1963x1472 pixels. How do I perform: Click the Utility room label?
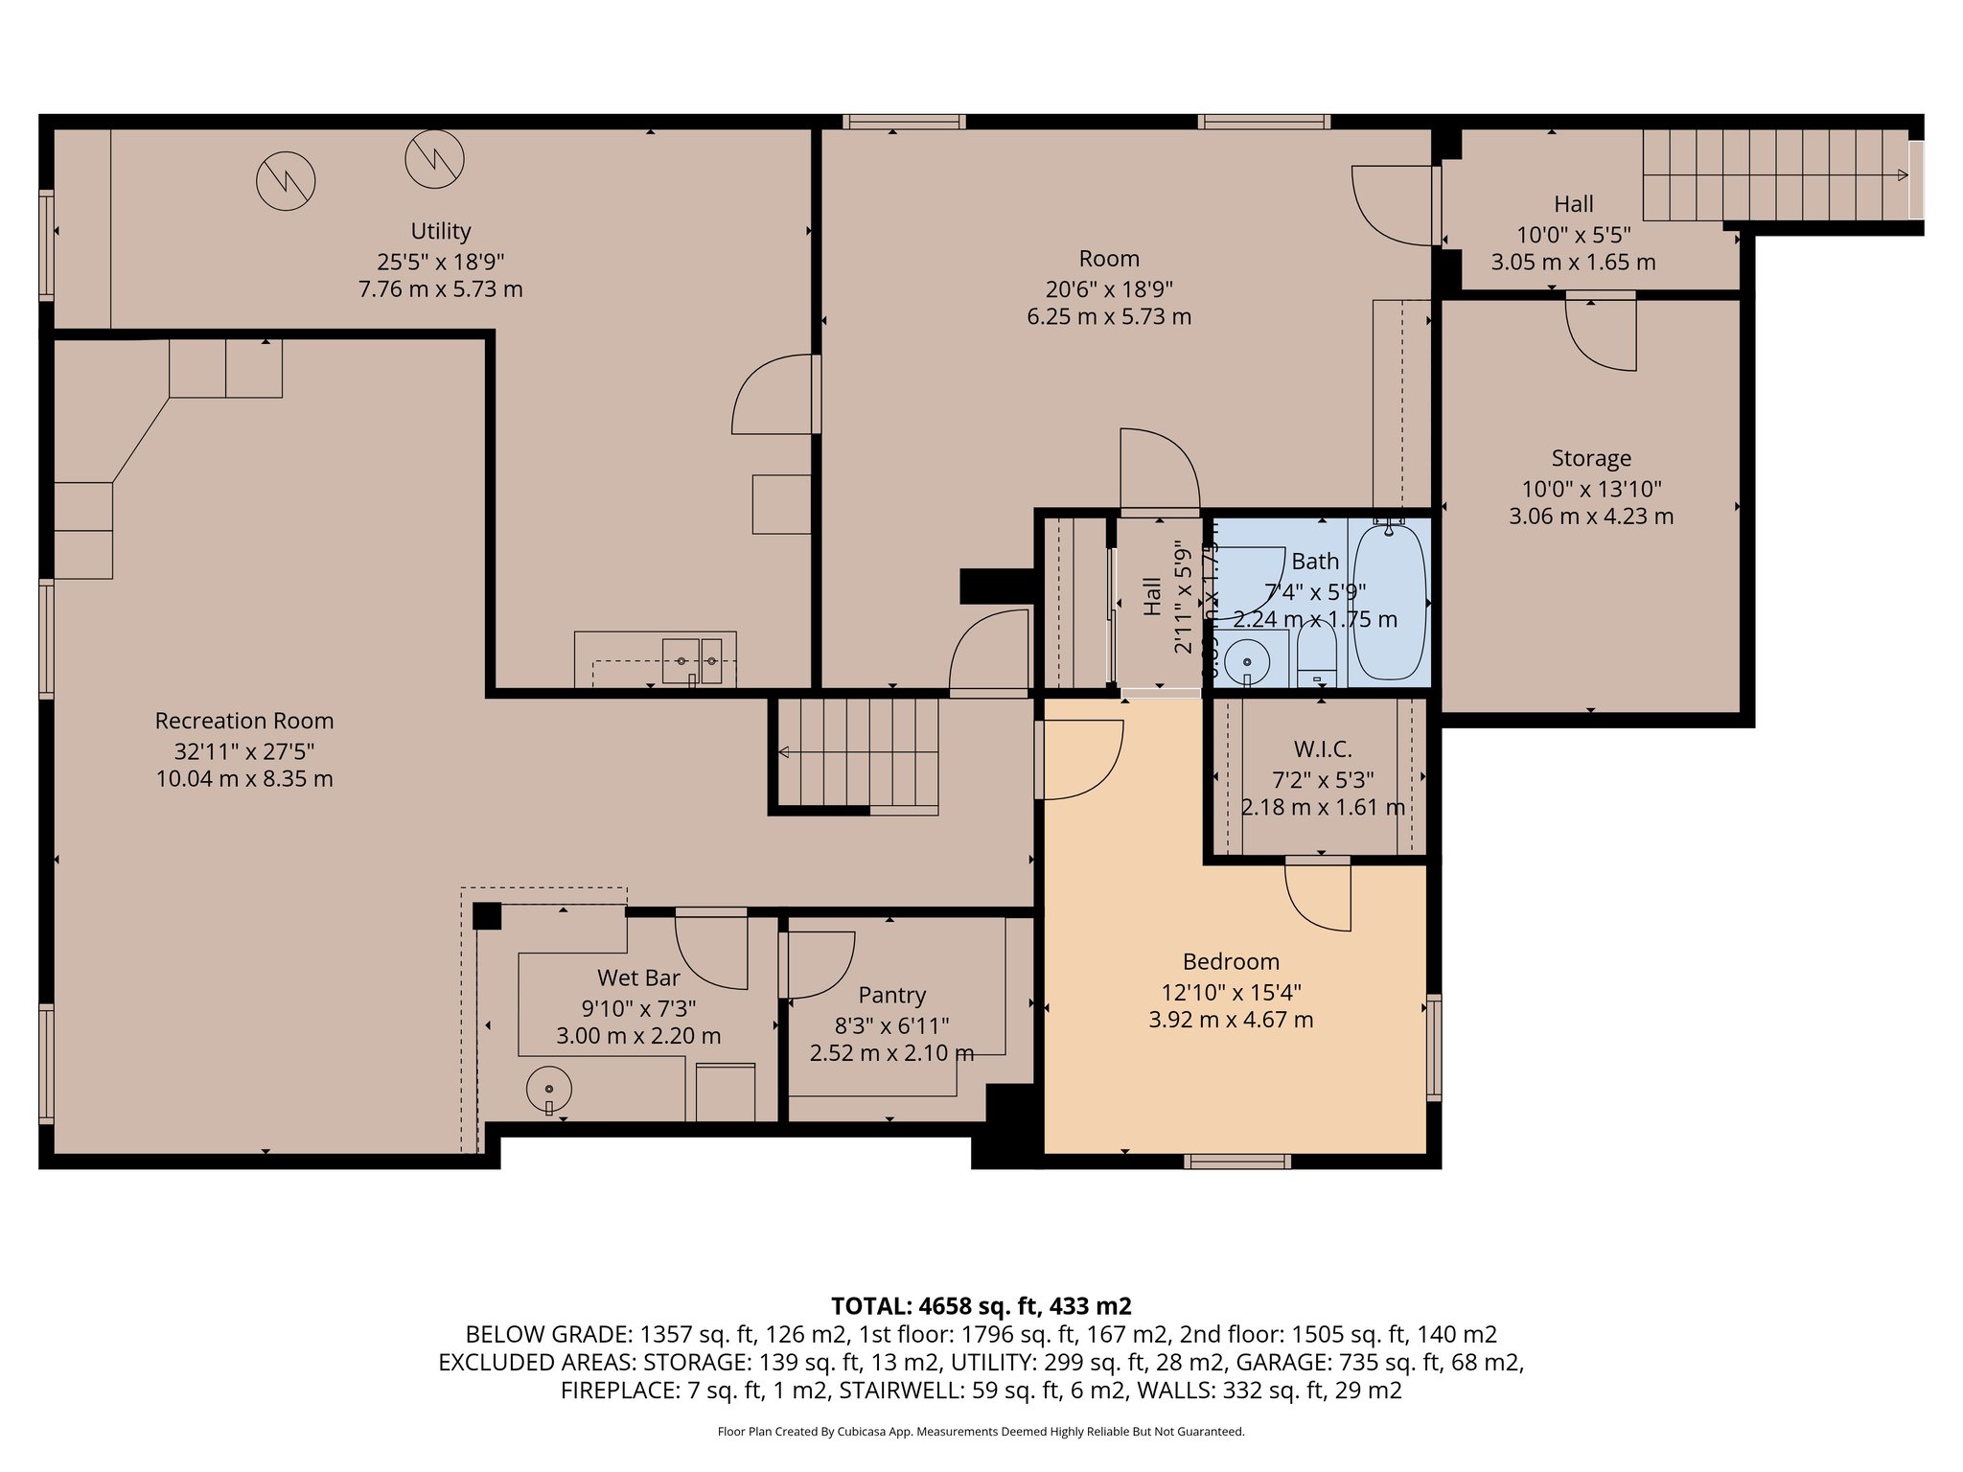[440, 231]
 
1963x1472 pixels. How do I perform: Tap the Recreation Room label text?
[244, 721]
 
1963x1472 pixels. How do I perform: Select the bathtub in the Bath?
[1389, 602]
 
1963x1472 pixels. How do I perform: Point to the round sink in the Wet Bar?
[549, 1090]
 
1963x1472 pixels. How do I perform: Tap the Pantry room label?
[891, 995]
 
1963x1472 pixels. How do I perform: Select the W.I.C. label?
[1323, 749]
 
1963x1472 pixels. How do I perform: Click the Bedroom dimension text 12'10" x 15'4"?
[1231, 992]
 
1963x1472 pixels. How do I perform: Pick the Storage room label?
[1591, 458]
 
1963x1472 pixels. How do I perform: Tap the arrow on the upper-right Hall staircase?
[1902, 174]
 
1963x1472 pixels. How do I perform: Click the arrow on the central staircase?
[784, 752]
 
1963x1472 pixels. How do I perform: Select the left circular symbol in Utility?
[286, 181]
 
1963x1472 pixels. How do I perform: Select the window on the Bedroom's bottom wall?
[1236, 1161]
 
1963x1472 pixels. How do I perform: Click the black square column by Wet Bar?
[487, 915]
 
